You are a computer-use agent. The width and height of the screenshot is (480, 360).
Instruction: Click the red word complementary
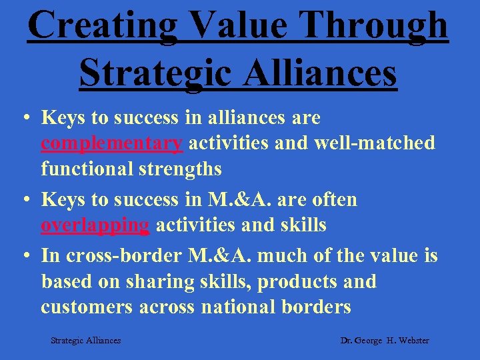(x=111, y=143)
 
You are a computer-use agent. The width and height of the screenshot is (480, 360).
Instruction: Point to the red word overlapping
(x=95, y=225)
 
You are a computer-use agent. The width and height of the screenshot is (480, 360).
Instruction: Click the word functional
(x=87, y=169)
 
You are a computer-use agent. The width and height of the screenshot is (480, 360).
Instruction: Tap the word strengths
(x=180, y=169)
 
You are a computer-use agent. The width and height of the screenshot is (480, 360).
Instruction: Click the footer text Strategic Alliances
(x=86, y=341)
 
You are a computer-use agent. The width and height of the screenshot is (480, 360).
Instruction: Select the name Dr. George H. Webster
(x=385, y=341)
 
